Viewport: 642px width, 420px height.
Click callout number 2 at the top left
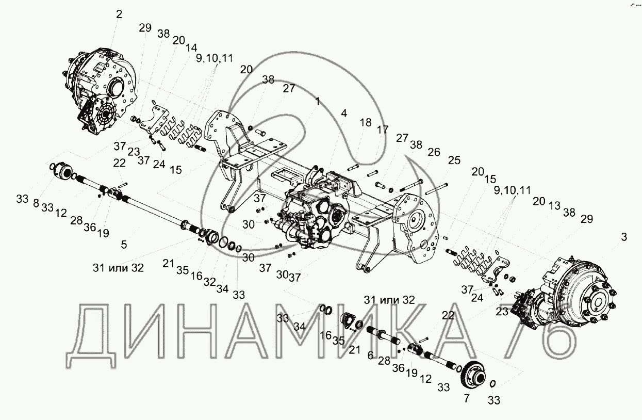tap(119, 14)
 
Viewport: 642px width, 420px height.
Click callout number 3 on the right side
tap(624, 237)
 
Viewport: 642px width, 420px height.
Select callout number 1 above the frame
tap(318, 102)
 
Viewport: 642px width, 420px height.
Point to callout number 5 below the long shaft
tap(124, 244)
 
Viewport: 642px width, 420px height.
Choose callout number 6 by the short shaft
tap(467, 398)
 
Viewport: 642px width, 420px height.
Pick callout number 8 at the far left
tap(36, 203)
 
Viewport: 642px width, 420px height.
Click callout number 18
tap(365, 123)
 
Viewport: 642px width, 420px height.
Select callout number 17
tap(382, 130)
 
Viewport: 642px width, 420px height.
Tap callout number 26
tap(434, 152)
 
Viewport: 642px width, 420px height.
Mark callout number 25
tap(454, 160)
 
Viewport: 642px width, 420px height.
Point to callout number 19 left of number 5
tap(103, 233)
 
